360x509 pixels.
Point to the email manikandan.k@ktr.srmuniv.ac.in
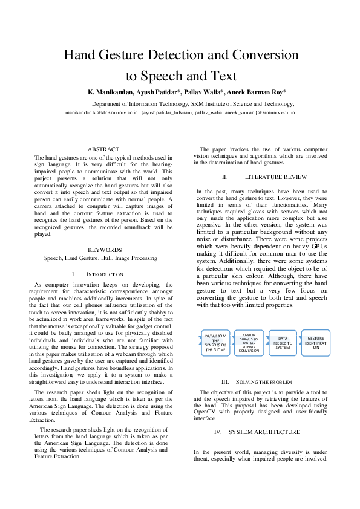tap(102, 112)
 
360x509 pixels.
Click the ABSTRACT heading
tap(103, 149)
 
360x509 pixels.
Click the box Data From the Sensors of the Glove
tap(215, 342)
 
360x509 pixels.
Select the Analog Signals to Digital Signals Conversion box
tap(249, 342)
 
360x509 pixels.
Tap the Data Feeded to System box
tap(283, 343)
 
